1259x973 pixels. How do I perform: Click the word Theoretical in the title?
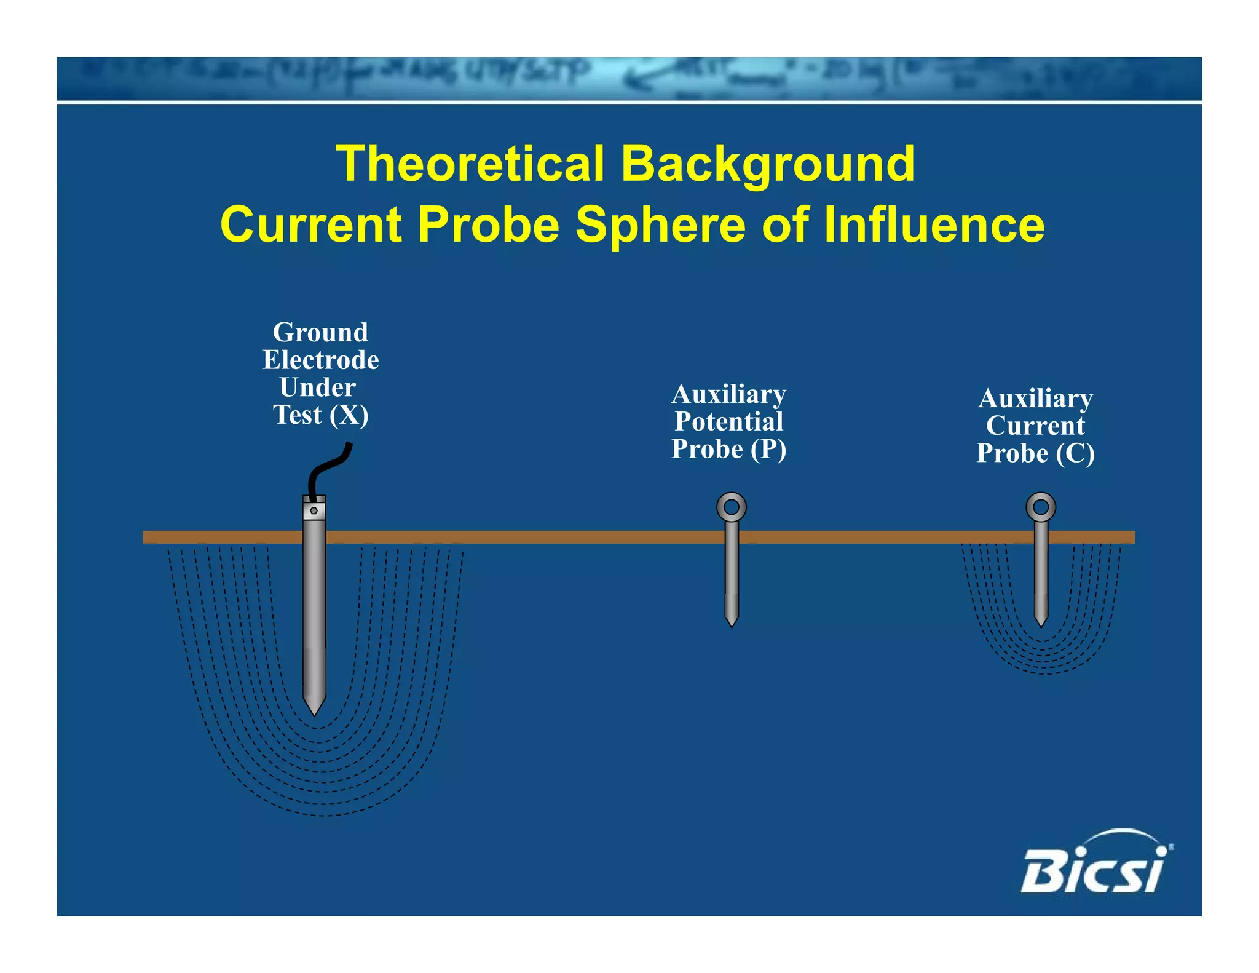click(x=470, y=164)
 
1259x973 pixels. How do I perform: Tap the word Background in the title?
click(x=768, y=165)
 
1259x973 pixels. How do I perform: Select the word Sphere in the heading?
click(x=660, y=224)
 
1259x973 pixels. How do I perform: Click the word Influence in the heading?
click(x=934, y=224)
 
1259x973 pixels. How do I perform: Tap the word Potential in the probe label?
click(x=728, y=422)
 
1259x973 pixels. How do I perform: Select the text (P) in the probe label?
click(x=768, y=449)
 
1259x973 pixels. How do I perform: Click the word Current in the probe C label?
click(x=1035, y=426)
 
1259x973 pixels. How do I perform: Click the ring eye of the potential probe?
click(x=732, y=507)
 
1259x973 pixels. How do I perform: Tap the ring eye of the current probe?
click(x=1041, y=507)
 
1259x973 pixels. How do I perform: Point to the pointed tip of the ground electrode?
click(x=314, y=710)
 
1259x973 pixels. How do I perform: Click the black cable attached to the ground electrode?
click(x=329, y=467)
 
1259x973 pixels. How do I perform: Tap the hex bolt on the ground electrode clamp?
click(x=314, y=510)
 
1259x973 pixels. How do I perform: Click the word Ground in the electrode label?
click(x=320, y=333)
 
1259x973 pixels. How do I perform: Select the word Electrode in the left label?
click(x=320, y=360)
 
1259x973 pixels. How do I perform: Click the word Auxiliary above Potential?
click(x=728, y=394)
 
